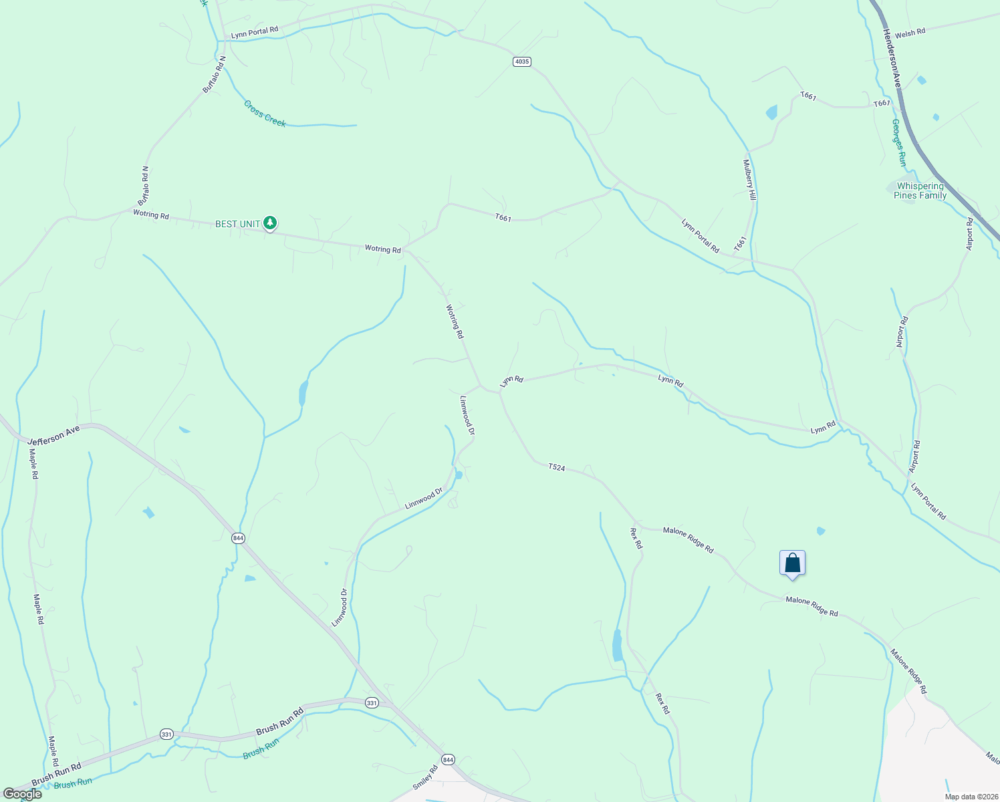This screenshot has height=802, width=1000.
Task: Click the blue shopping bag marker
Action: click(x=792, y=563)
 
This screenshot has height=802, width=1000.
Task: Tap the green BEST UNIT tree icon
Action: click(x=269, y=223)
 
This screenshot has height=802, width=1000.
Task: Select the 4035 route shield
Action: click(x=522, y=61)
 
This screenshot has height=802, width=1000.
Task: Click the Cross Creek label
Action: click(x=265, y=114)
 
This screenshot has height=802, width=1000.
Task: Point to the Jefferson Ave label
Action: click(x=53, y=436)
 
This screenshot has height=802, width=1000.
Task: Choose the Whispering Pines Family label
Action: click(x=920, y=190)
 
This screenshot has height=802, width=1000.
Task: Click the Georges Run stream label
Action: click(x=899, y=143)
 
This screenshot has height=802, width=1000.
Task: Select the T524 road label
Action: click(x=556, y=467)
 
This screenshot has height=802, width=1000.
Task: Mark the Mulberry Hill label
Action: click(x=749, y=180)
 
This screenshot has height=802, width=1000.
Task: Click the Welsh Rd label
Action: click(x=910, y=33)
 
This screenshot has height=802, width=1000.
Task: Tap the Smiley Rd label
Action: click(x=425, y=778)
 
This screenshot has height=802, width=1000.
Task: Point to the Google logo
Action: click(x=22, y=794)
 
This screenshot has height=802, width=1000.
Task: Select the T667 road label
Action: click(x=882, y=104)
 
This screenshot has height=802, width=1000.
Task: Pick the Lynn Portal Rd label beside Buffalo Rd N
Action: click(x=254, y=31)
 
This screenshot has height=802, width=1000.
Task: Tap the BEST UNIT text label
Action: click(x=237, y=224)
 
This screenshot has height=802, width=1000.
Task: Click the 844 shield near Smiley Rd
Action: click(x=448, y=760)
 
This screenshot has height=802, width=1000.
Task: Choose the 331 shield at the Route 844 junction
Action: click(x=372, y=703)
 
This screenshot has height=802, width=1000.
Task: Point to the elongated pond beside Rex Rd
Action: click(x=617, y=645)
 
